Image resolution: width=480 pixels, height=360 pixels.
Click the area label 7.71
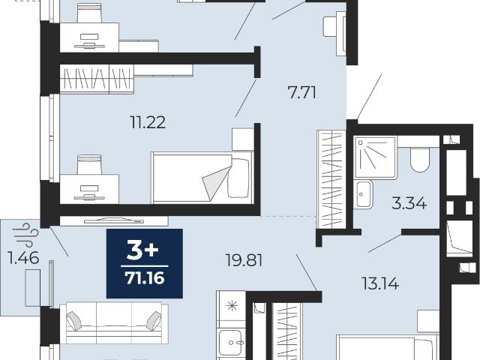pos(302,92)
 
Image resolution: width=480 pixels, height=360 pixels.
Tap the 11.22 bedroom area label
pos(148,122)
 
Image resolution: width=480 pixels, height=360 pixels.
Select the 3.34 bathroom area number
pos(409,203)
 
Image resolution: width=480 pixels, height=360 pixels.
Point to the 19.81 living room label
pos(244,260)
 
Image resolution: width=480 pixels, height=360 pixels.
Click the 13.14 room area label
pos(380,283)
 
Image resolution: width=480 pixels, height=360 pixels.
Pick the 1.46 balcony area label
pos(23,257)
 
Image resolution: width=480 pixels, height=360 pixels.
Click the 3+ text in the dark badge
pos(142,250)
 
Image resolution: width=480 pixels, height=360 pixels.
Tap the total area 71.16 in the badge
pos(145,278)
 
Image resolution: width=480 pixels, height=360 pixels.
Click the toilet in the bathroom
pos(420,159)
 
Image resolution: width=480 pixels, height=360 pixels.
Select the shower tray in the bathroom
pos(375,158)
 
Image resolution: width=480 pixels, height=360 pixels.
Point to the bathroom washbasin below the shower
pos(363,194)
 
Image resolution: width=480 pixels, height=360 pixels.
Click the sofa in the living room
pos(113,322)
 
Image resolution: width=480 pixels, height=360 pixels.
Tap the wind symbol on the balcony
pos(27,235)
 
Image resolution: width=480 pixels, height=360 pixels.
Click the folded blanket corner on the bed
pos(217,181)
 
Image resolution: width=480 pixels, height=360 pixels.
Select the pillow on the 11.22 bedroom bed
pos(238,178)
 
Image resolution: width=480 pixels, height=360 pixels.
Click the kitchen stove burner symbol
pos(232,305)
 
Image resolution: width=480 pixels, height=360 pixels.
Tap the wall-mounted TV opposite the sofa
pos(114,220)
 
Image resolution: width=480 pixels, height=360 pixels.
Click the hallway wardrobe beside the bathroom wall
pos(331,179)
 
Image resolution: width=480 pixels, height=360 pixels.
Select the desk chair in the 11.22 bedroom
pos(89,165)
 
